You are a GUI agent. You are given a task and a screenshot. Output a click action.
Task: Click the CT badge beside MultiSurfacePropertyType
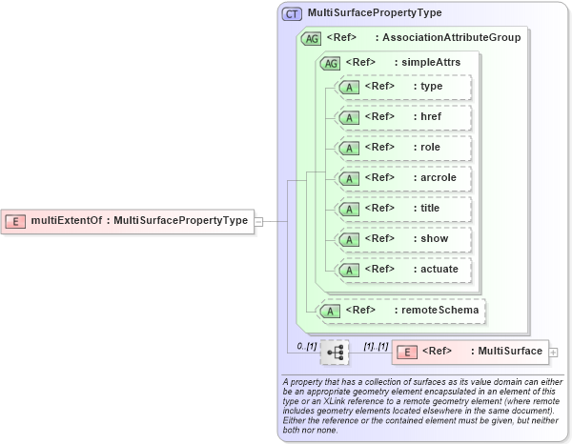point(292,14)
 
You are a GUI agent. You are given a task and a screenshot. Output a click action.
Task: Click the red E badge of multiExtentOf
point(16,221)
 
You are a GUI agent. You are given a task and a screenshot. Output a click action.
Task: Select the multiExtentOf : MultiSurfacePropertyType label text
point(139,221)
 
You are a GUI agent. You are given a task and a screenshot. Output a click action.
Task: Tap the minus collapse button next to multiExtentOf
point(258,221)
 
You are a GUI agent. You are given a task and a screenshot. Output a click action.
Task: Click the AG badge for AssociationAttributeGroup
point(311,39)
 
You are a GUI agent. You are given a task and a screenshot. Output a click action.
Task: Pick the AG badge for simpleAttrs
point(330,63)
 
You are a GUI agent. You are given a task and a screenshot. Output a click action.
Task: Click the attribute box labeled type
point(404,87)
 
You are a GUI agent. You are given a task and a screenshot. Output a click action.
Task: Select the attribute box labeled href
point(404,117)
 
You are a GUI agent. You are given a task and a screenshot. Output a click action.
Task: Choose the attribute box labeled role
point(404,148)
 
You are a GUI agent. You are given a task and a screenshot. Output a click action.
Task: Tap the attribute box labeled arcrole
point(404,178)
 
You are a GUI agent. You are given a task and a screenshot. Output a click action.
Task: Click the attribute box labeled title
point(404,209)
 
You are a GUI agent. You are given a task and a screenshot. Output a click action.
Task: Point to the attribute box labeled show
point(404,239)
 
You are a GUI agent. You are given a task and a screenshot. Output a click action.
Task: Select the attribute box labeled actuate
point(404,270)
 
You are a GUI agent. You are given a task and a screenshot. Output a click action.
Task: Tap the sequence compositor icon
point(335,353)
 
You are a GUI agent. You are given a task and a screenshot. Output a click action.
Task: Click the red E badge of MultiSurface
point(406,352)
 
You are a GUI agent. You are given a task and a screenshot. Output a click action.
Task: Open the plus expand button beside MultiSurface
point(554,353)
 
